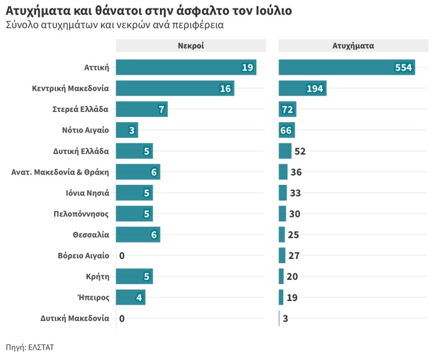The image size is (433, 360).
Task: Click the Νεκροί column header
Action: pos(191,46)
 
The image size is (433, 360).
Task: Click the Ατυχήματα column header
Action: pos(353,46)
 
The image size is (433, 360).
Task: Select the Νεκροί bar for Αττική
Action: pos(186,67)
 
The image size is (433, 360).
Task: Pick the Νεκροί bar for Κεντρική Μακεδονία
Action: pos(174,88)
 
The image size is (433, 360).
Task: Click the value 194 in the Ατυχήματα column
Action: pos(315,88)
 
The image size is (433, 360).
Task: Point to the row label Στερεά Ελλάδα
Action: pos(81,110)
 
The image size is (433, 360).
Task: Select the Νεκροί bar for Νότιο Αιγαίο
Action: pos(126,130)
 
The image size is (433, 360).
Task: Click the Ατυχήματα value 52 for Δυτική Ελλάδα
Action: pos(300,151)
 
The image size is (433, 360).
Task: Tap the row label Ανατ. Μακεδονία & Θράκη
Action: pos(60,172)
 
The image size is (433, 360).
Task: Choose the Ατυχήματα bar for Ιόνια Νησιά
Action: pos(283,193)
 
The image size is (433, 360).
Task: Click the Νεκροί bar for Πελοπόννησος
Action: pos(134,214)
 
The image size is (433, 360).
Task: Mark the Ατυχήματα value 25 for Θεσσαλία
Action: pos(294,235)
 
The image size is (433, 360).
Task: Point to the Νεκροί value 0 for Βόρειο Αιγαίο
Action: pos(121,256)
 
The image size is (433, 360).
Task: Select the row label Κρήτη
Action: pos(97,276)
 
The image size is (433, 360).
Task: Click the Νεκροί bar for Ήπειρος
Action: pos(130,297)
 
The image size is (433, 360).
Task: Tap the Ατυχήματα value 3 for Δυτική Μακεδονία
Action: pos(285,318)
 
